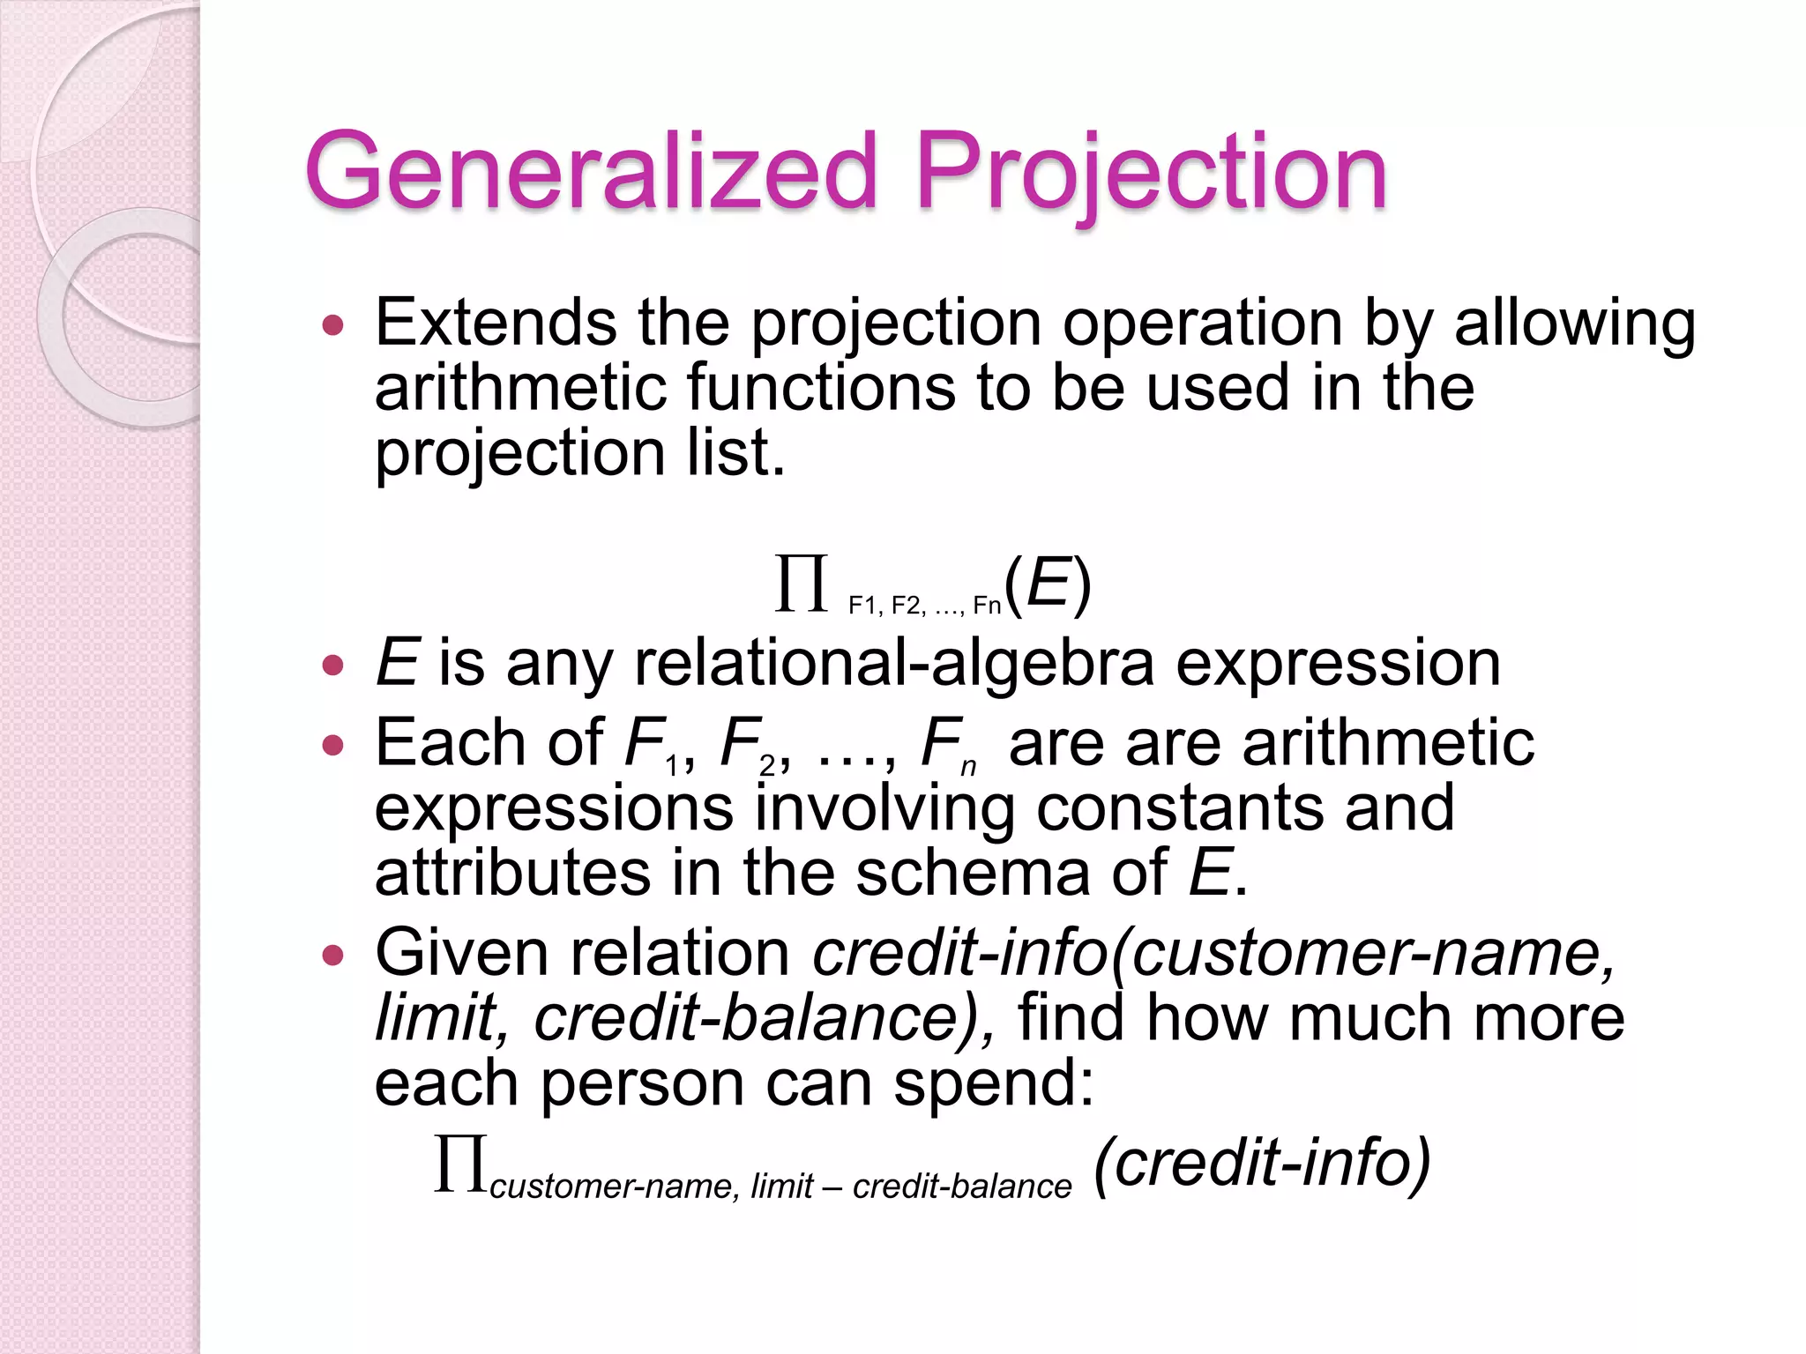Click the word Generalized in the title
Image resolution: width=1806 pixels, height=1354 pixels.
pyautogui.click(x=591, y=172)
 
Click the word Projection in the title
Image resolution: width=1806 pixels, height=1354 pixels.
pyautogui.click(x=1151, y=172)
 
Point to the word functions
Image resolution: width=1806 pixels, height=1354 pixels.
pyautogui.click(x=820, y=388)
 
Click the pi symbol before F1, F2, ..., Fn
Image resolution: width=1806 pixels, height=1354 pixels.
pyautogui.click(x=802, y=583)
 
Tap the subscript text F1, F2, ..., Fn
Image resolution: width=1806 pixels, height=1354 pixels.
pyautogui.click(x=924, y=606)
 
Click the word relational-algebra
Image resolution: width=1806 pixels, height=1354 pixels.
pyautogui.click(x=893, y=663)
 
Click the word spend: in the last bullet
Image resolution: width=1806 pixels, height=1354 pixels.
pyautogui.click(x=994, y=1083)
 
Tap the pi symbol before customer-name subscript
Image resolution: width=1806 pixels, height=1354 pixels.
pyautogui.click(x=460, y=1164)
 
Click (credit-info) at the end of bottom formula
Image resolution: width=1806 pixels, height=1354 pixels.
pyautogui.click(x=1261, y=1164)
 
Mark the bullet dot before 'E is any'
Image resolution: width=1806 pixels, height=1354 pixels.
pyautogui.click(x=332, y=665)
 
